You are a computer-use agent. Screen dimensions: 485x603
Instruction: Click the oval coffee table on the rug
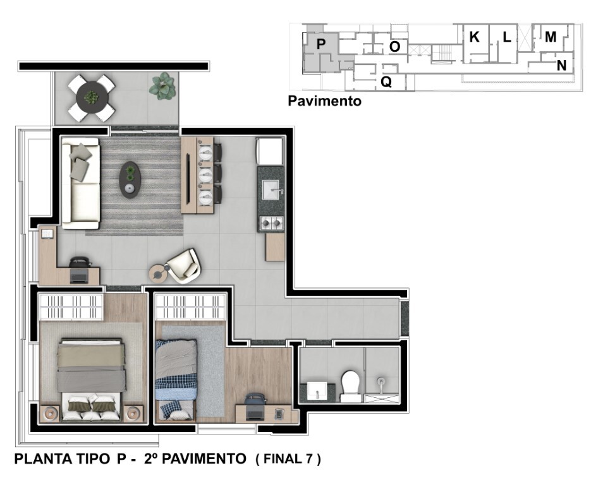click(x=130, y=180)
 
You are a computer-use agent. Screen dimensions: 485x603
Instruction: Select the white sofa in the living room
click(x=80, y=183)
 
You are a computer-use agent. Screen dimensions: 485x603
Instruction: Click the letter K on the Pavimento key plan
click(x=474, y=38)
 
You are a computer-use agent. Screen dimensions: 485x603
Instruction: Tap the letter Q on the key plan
click(x=386, y=81)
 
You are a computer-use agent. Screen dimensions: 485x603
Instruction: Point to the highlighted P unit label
click(x=320, y=44)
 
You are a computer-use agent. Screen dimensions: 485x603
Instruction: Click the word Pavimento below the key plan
click(x=324, y=101)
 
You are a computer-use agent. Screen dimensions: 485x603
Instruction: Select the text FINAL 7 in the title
click(x=288, y=459)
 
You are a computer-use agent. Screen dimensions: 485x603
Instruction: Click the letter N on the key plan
click(x=561, y=64)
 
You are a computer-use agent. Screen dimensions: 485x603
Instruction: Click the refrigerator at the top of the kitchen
click(x=271, y=152)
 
